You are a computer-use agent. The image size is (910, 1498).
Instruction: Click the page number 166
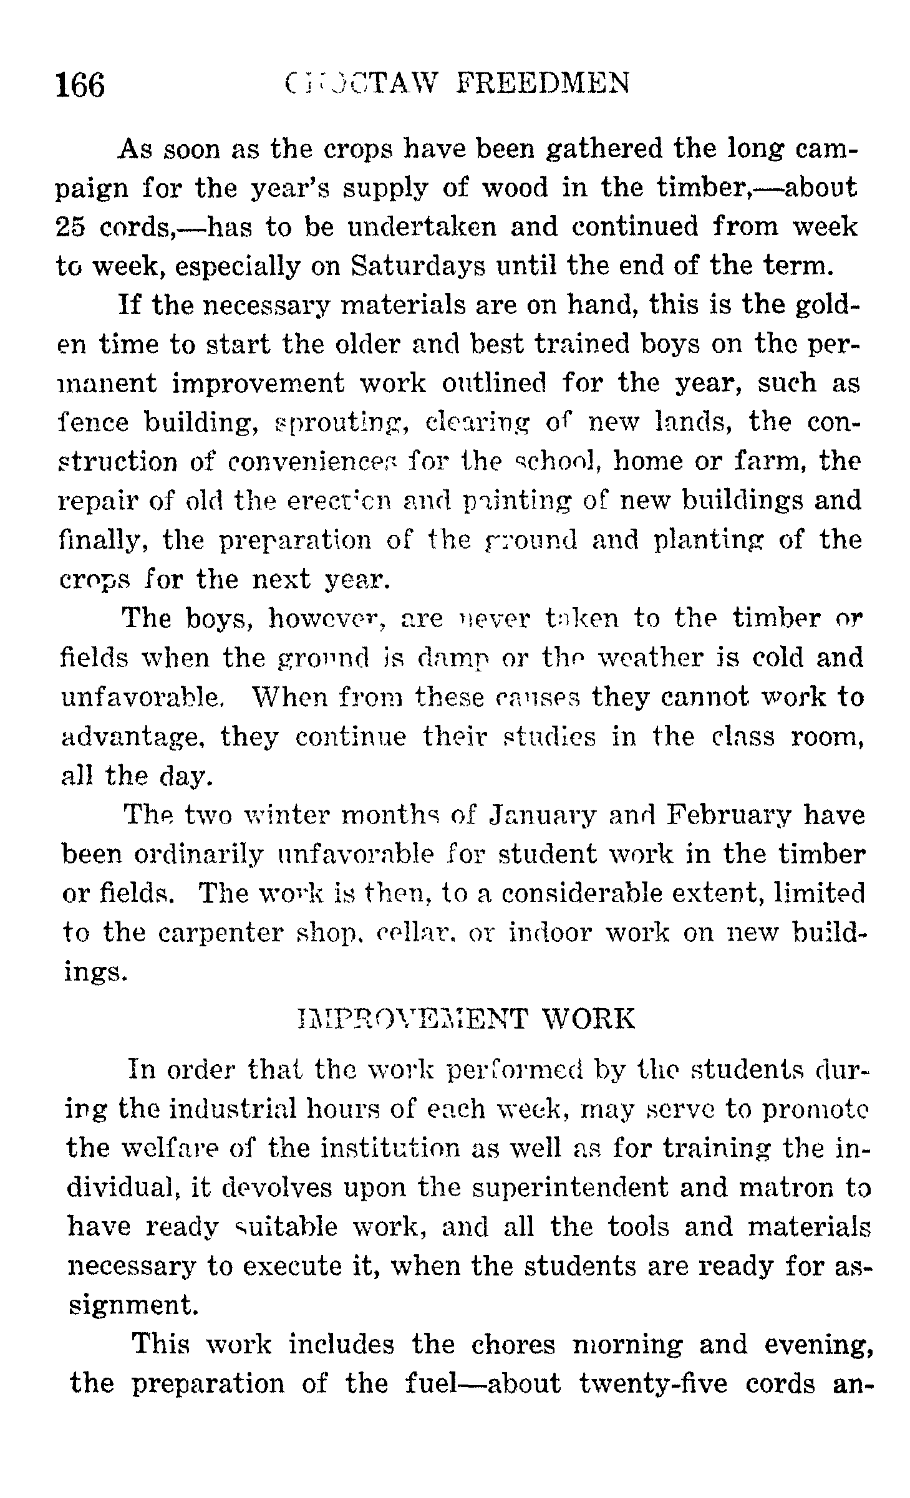(80, 85)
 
